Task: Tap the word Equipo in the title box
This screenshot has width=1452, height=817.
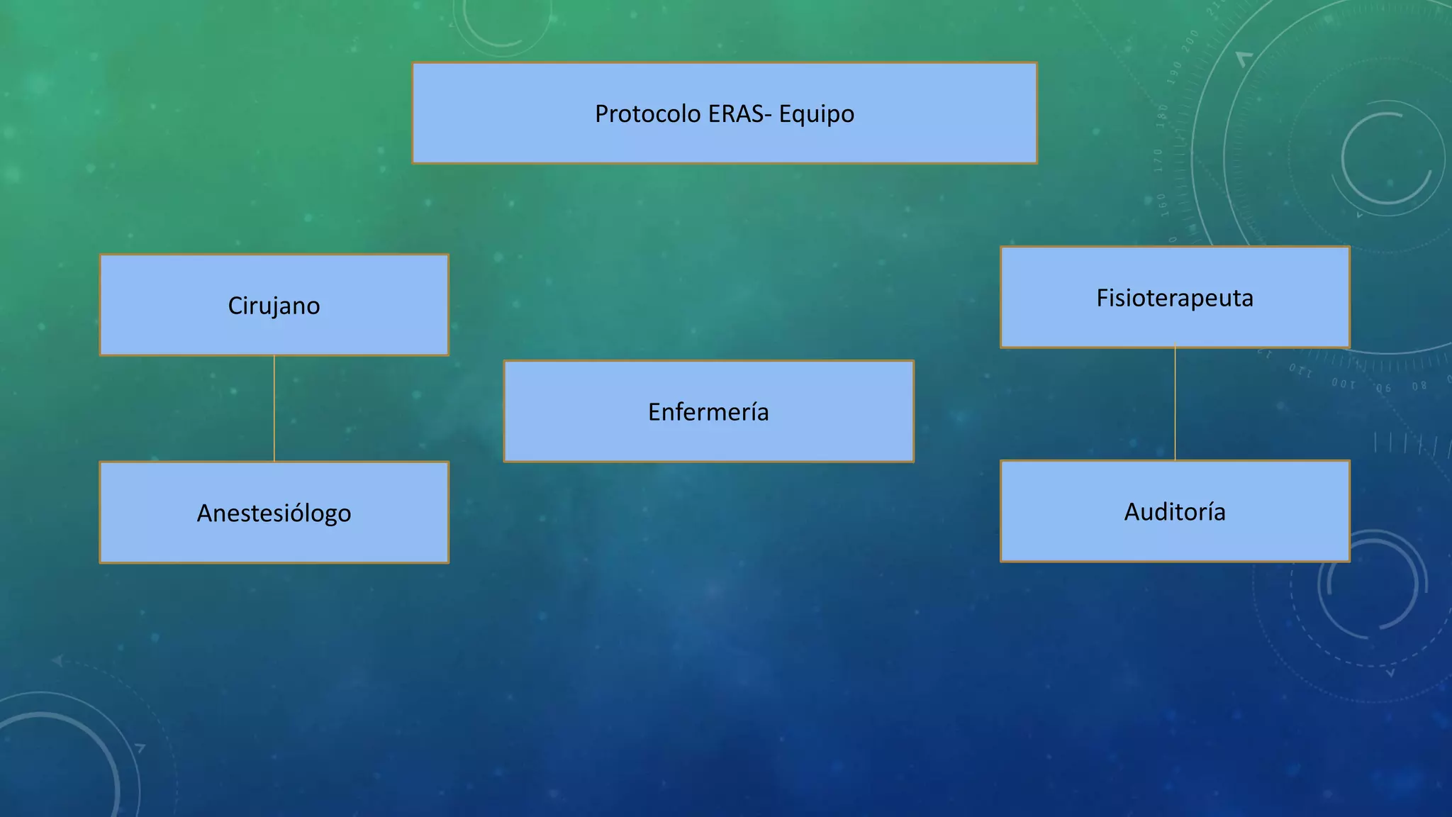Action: [x=816, y=114]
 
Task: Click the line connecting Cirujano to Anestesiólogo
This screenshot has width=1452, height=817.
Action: [x=274, y=408]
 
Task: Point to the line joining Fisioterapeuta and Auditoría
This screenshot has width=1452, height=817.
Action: [x=1175, y=404]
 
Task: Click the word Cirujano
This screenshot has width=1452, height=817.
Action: [x=274, y=306]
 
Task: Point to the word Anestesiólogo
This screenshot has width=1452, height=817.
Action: [x=274, y=513]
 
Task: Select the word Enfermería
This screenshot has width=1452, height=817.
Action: [x=708, y=412]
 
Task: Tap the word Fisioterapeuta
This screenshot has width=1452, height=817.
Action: [x=1175, y=298]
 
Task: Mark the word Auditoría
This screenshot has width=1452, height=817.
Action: [x=1175, y=512]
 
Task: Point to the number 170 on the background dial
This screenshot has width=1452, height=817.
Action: [x=1158, y=160]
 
